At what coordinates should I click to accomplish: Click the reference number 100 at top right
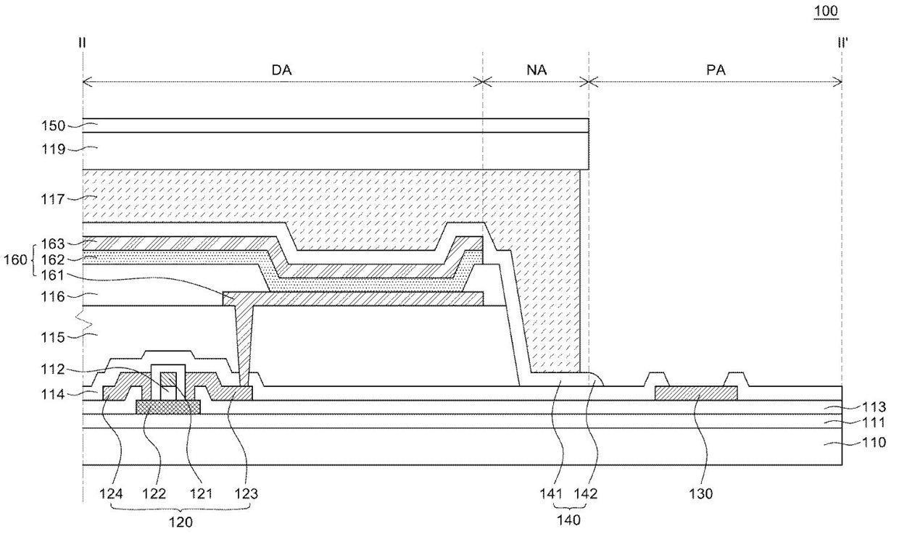point(826,11)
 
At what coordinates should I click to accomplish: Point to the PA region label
point(716,70)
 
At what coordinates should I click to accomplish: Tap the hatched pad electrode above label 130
point(696,393)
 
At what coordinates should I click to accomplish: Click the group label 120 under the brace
point(181,522)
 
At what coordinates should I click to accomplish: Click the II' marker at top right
point(842,42)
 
